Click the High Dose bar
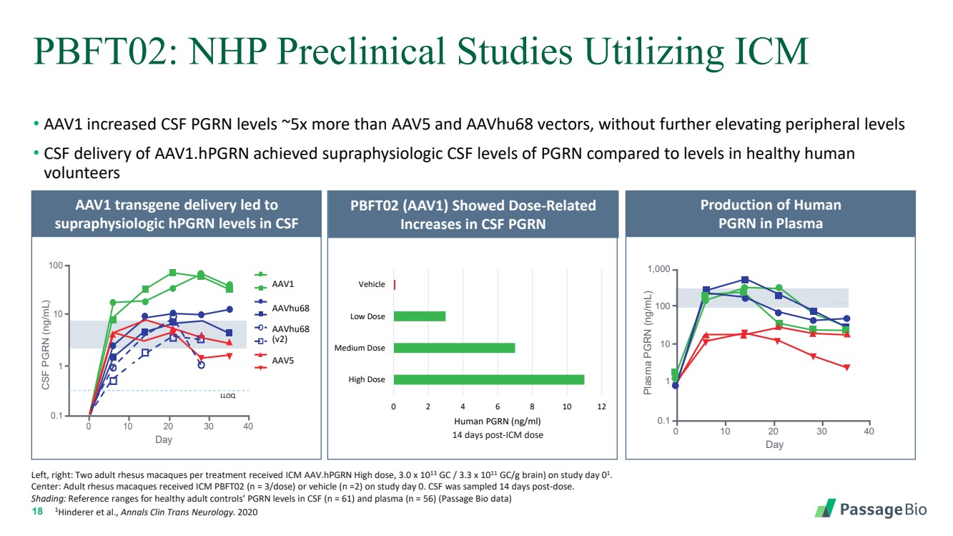tap(489, 379)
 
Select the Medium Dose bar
tap(454, 348)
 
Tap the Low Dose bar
tap(420, 316)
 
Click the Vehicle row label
tap(372, 284)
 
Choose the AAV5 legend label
tap(284, 361)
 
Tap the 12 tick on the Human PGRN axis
tap(601, 406)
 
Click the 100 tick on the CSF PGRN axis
tap(54, 266)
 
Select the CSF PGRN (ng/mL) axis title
tap(46, 341)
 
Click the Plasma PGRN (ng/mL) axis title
tap(648, 342)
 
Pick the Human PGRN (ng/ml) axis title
tap(498, 421)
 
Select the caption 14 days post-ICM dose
tap(498, 434)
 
